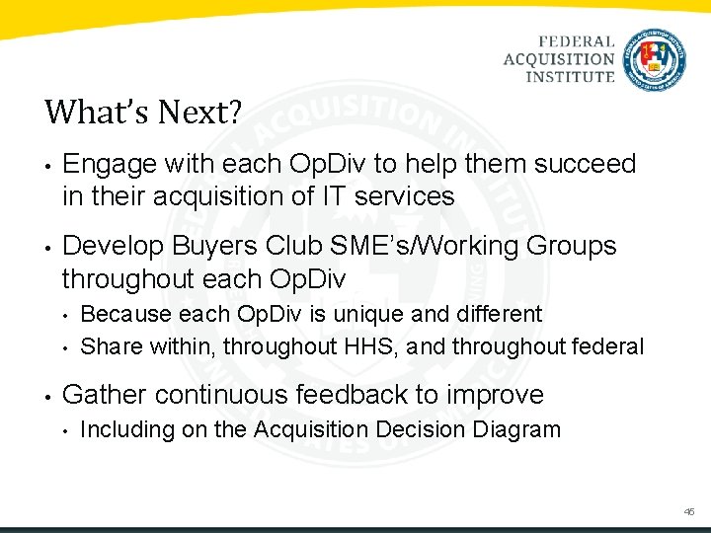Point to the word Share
pyautogui.click(x=110, y=346)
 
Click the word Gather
pyautogui.click(x=105, y=395)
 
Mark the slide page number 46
pyautogui.click(x=688, y=512)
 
